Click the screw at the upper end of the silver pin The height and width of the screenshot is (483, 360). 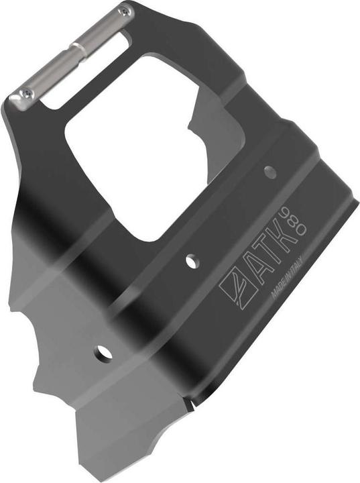click(125, 11)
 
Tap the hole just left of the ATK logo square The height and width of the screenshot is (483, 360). click(191, 262)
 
